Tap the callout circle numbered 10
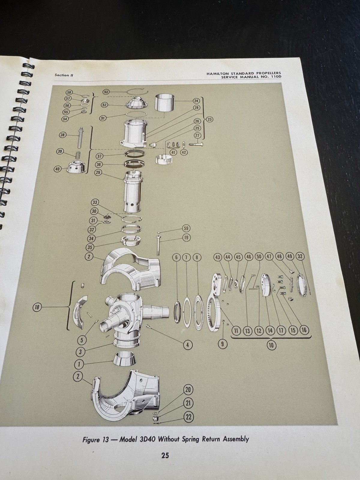coord(271,345)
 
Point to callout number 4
coord(187,345)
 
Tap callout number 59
coord(186,228)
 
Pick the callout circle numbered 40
coord(58,169)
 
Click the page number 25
coord(165,455)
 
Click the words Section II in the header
coord(64,75)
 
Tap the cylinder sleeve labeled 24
coord(164,103)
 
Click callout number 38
coord(62,135)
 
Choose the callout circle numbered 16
coord(304,330)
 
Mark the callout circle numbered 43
coord(217,257)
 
